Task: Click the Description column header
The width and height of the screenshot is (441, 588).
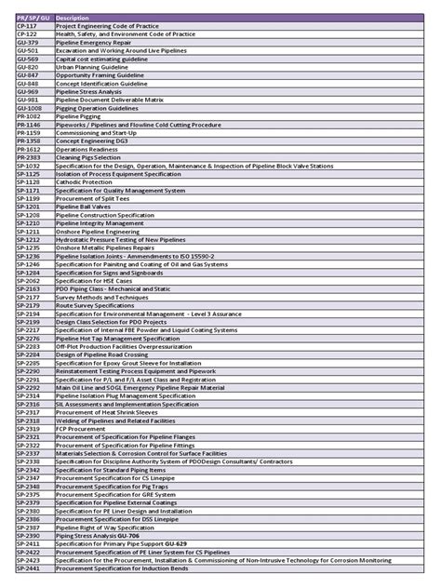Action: (74, 19)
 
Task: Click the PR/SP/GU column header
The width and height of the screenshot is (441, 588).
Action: (34, 19)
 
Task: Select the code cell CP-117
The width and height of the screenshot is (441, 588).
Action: (28, 26)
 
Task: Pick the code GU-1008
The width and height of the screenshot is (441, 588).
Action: (31, 108)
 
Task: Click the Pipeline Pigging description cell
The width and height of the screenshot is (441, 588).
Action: (78, 116)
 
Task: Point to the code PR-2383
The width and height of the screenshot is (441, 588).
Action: (30, 157)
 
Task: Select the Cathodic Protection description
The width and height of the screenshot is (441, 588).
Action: (85, 181)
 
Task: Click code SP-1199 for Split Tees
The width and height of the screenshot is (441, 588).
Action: (30, 198)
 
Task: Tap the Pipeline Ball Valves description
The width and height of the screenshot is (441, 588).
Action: (85, 207)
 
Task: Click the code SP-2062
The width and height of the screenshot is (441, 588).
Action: (30, 280)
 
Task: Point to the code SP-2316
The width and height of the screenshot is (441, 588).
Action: (30, 404)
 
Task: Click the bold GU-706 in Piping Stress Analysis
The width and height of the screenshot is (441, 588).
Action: (131, 535)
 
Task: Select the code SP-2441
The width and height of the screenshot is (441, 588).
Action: (30, 568)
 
